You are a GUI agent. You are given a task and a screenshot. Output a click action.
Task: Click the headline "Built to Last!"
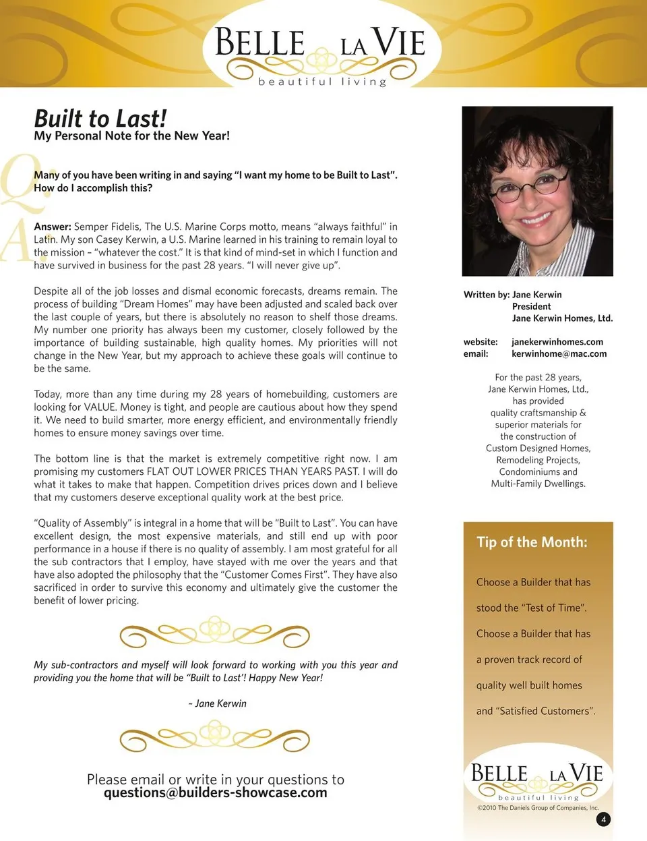coord(100,119)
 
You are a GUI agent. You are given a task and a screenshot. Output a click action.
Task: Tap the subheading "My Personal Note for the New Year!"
coord(131,136)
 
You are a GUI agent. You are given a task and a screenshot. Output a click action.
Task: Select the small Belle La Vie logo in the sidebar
coord(536,779)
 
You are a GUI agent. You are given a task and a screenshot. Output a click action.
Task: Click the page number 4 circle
coord(603,819)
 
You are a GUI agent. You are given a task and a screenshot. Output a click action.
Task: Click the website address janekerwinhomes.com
coord(557,342)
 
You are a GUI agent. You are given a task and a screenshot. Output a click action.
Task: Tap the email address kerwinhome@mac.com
coord(559,353)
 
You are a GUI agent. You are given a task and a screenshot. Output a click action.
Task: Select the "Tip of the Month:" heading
coord(532,542)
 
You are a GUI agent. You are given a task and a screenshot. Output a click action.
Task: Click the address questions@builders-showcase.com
coord(215,793)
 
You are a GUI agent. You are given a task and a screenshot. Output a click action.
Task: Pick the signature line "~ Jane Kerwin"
coord(217,703)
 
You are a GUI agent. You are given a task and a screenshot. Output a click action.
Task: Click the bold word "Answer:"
coord(52,227)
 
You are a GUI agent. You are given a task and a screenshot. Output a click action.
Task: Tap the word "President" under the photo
coord(531,306)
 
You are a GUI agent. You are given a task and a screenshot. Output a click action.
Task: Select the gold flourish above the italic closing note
coord(214,633)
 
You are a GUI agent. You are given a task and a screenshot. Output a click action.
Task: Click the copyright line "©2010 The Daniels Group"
coord(537,807)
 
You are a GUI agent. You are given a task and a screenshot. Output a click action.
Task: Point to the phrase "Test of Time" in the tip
coord(555,608)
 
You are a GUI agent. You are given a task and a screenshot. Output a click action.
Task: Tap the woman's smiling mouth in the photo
coord(536,219)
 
